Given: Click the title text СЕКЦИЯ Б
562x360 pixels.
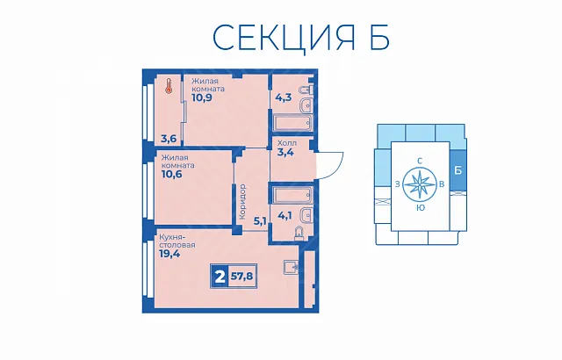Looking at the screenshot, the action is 301,37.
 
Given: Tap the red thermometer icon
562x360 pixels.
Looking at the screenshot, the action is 169,86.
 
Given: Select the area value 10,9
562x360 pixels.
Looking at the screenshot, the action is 202,97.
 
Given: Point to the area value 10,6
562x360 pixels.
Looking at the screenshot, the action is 172,174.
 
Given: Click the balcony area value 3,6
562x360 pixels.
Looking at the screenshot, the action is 169,139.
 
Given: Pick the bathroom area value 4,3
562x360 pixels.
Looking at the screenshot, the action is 283,97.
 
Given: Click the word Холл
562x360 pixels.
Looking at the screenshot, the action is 287,143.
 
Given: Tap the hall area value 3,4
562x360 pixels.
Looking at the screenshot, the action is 285,153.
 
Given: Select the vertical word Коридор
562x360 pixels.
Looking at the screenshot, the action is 242,202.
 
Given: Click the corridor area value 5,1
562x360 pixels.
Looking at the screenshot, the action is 260,221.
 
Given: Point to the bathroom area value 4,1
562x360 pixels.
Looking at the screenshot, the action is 285,216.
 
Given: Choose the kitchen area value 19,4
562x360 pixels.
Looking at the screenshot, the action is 169,254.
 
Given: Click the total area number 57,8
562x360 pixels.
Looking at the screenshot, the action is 242,277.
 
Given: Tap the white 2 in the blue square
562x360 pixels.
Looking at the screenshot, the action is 220,277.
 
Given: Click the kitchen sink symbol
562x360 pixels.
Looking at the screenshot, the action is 292,267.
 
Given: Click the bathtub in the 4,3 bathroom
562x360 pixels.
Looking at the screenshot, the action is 292,123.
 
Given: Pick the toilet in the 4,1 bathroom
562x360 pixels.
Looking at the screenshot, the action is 299,233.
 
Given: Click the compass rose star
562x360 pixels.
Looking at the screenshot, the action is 420,184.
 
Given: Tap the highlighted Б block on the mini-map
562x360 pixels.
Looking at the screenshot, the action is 458,170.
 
